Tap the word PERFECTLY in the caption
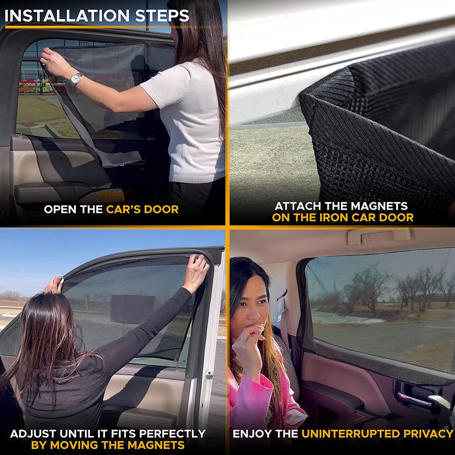click(172, 434)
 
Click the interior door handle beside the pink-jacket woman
click(411, 397)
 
